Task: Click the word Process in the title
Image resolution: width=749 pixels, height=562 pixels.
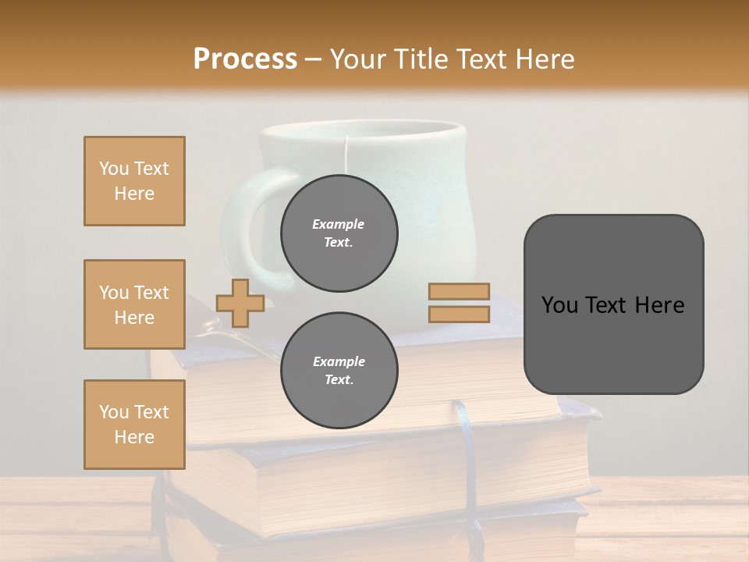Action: [245, 59]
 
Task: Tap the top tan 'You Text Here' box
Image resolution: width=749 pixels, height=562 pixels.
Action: [134, 181]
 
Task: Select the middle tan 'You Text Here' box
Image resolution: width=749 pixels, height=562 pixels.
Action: [134, 304]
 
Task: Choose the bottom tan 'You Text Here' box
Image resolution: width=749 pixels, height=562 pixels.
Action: [134, 425]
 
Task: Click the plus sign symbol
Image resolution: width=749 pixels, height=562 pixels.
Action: [240, 303]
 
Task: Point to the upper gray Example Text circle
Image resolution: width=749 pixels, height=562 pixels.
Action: [339, 233]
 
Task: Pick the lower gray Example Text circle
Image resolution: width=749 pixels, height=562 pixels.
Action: [339, 371]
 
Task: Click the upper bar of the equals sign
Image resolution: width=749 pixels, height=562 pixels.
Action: [459, 292]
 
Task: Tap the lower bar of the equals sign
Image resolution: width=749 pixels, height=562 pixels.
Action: [459, 314]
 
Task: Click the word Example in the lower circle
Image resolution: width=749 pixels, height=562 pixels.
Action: [339, 361]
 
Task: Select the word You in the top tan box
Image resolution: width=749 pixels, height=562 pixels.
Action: [114, 169]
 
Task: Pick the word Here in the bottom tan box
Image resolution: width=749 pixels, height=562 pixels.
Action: [134, 437]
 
